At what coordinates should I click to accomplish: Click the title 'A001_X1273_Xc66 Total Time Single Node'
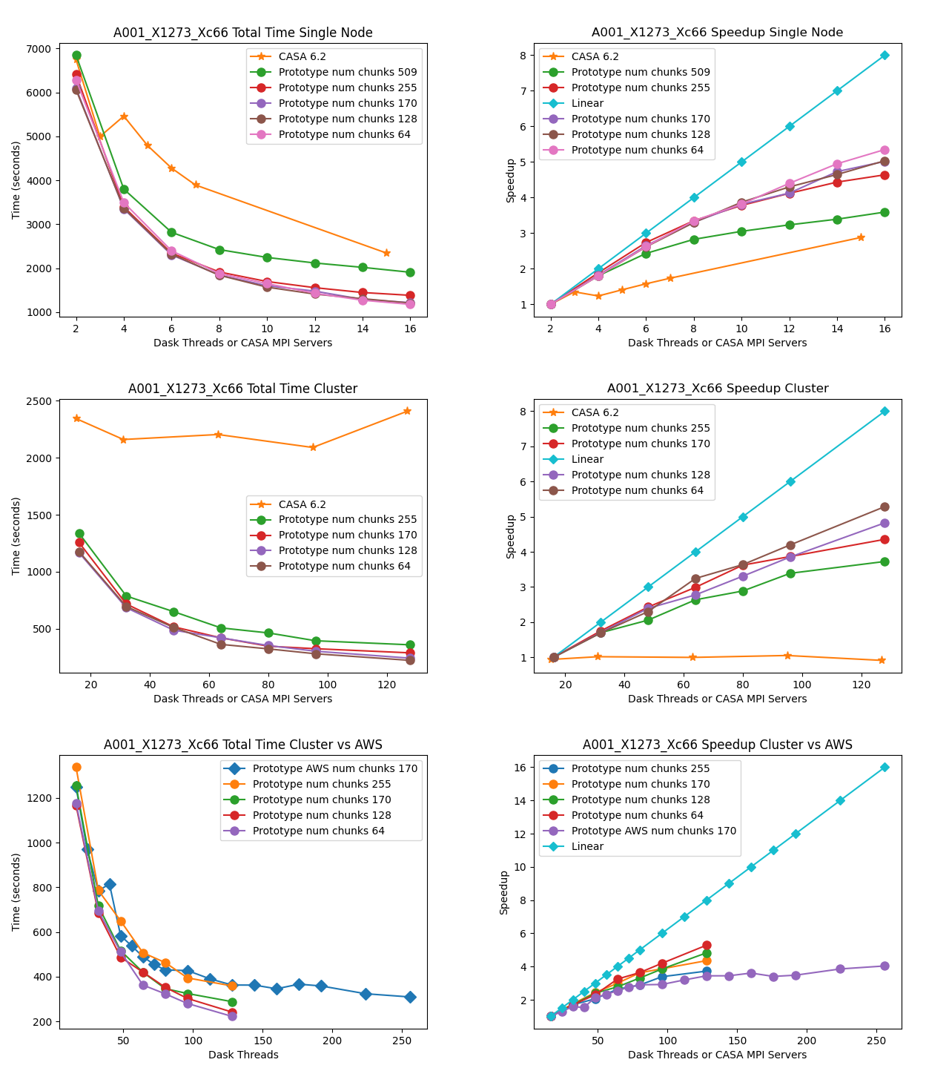point(242,33)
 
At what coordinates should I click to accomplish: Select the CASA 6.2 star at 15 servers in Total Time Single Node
point(386,253)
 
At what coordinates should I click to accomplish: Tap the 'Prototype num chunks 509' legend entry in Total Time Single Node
point(348,72)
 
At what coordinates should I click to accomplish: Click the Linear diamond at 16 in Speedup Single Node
point(884,55)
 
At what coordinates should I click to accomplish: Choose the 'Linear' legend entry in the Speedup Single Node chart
point(587,103)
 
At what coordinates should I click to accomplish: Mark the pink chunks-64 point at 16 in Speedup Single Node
point(884,150)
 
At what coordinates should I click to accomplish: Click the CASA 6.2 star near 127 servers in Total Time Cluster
point(407,411)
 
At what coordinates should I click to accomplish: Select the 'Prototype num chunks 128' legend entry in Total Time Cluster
point(348,550)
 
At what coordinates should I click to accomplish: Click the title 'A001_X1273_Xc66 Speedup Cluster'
point(718,389)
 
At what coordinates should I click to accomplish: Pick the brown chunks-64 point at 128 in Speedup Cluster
point(884,507)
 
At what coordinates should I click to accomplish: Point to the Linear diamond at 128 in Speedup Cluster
point(884,411)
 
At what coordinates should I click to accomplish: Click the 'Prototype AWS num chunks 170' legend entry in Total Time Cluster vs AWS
point(335,768)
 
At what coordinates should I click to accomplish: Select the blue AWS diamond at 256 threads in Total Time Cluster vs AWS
point(410,997)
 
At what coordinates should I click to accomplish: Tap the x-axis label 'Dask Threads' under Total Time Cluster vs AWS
point(243,1055)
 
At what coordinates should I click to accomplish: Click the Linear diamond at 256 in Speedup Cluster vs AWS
point(884,767)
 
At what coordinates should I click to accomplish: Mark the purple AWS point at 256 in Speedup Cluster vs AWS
point(884,966)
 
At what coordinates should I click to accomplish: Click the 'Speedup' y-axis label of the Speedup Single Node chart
point(511,180)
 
